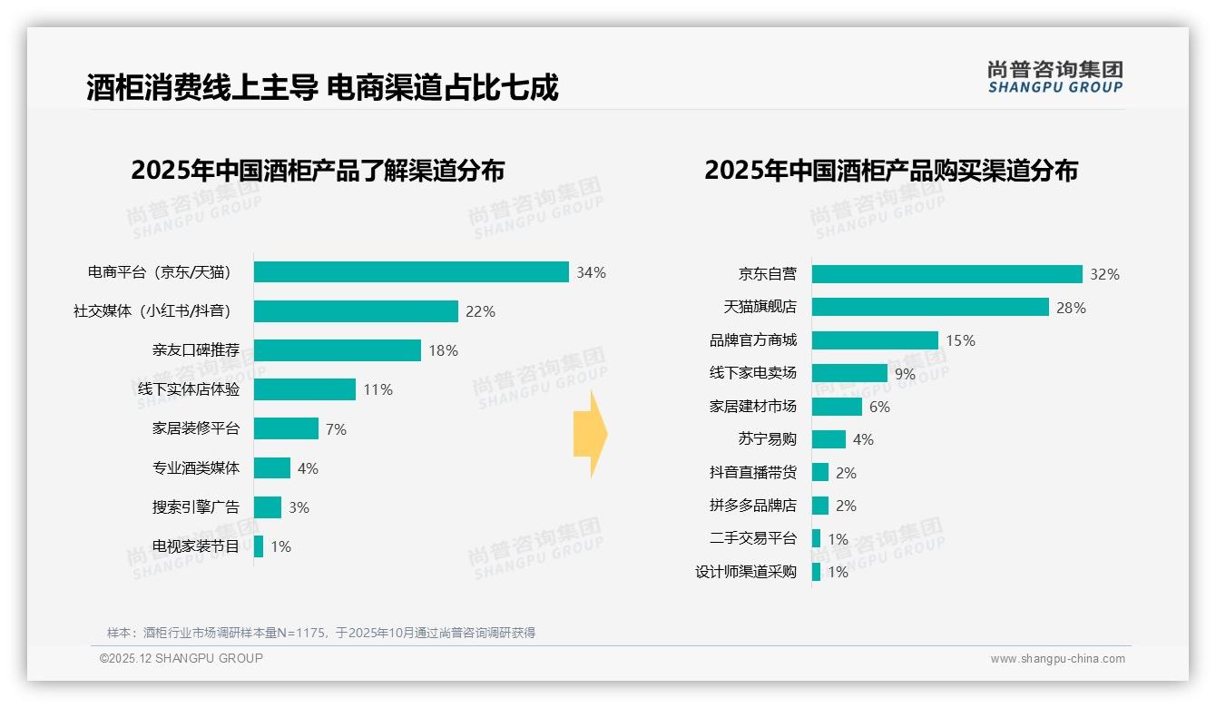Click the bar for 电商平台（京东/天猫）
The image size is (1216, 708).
pos(411,272)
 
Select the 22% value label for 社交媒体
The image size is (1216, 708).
pos(480,311)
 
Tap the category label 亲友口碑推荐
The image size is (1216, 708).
pos(196,350)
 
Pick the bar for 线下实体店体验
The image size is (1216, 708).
pos(305,389)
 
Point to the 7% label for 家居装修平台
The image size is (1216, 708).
pos(336,429)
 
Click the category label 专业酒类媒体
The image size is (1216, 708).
pos(196,468)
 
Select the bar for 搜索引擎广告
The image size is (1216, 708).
pos(268,507)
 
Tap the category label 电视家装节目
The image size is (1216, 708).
pos(196,546)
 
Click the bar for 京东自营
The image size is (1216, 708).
pos(946,274)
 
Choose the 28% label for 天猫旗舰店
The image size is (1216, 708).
pos(1071,308)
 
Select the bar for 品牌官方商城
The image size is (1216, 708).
pos(875,340)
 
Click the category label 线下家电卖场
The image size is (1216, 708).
pos(752,373)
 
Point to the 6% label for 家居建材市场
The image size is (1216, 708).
pos(879,407)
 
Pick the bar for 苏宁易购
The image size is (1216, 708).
pos(829,439)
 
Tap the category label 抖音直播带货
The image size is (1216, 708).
pos(752,472)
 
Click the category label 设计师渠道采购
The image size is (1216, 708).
pos(745,572)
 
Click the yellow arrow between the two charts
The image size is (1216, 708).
pos(590,435)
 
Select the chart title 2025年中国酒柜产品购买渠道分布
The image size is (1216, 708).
pos(890,171)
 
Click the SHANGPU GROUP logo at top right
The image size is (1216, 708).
pos(1054,77)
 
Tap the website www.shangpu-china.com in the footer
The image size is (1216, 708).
pos(1057,659)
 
